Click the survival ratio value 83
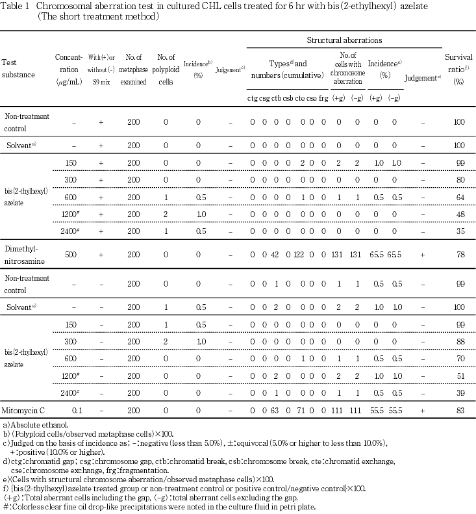click(458, 411)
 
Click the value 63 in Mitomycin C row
click(275, 411)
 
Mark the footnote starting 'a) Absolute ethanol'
click(31, 426)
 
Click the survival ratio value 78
click(458, 256)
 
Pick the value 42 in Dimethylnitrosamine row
click(275, 256)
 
